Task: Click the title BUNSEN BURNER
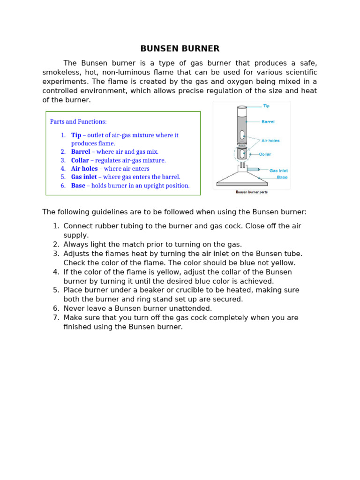coord(180,49)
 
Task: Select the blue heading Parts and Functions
coord(78,121)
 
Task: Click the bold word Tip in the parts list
coord(76,135)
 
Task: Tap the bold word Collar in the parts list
coord(80,160)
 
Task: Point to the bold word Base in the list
coord(78,185)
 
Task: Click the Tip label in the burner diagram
coord(266,106)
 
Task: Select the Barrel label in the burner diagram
coord(268,122)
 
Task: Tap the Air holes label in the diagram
coord(270,141)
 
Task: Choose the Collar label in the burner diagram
coord(265,154)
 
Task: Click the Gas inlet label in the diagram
coord(278,171)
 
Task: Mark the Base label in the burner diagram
coord(282,177)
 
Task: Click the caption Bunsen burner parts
coord(251,192)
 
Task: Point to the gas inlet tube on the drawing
coord(253,169)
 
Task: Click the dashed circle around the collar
coord(235,154)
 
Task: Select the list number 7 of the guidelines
coord(56,317)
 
